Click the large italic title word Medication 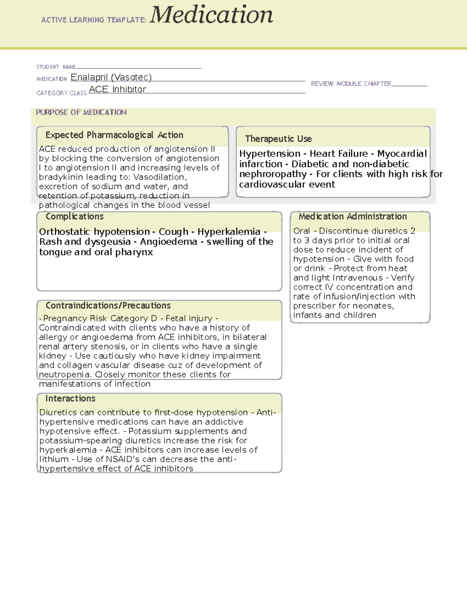coord(211,16)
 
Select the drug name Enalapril coord(89,77)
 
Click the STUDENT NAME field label coord(56,67)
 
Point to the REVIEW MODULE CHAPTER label coord(351,84)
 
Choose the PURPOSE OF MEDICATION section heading coord(81,112)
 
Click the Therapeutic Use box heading coord(278,139)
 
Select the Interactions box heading coord(70,399)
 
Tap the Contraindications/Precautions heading coord(108,305)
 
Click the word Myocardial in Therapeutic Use coord(402,153)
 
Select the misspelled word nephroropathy coord(273,174)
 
